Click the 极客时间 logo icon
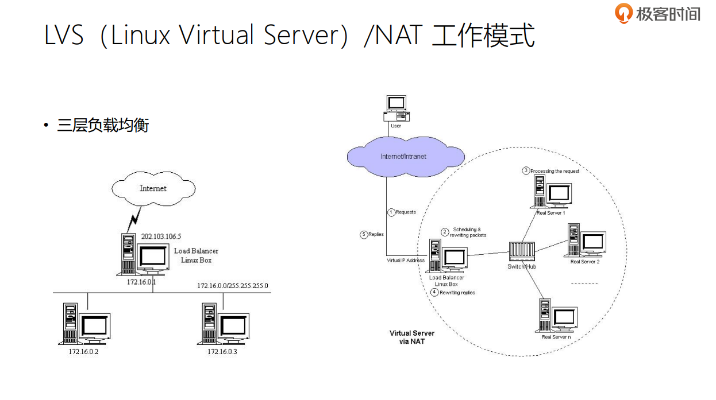pyautogui.click(x=623, y=13)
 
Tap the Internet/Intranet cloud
pyautogui.click(x=403, y=156)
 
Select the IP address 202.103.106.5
pyautogui.click(x=161, y=236)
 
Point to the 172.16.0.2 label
pyautogui.click(x=83, y=351)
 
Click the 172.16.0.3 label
pyautogui.click(x=222, y=351)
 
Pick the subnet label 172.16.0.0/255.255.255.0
pyautogui.click(x=232, y=285)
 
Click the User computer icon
pyautogui.click(x=396, y=108)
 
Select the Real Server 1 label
pyautogui.click(x=551, y=213)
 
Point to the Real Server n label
pyautogui.click(x=556, y=337)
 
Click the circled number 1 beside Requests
pyautogui.click(x=391, y=212)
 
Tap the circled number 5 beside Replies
pyautogui.click(x=363, y=234)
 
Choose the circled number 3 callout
pyautogui.click(x=525, y=170)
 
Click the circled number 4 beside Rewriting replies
pyautogui.click(x=434, y=292)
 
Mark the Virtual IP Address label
pyautogui.click(x=406, y=261)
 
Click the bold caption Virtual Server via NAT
pyautogui.click(x=412, y=337)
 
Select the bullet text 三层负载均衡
pyautogui.click(x=103, y=125)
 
